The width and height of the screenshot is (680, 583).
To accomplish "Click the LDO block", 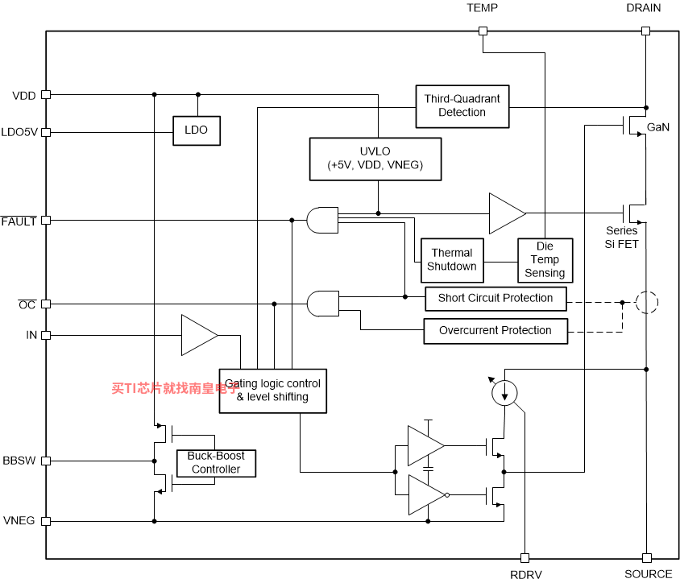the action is pyautogui.click(x=197, y=130).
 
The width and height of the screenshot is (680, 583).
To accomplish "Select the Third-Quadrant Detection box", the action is pyautogui.click(x=462, y=106).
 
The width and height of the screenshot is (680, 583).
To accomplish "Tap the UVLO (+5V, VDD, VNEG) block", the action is pyautogui.click(x=375, y=159).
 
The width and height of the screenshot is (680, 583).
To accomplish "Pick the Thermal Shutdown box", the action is pyautogui.click(x=452, y=260).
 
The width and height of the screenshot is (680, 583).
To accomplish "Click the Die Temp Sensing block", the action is pyautogui.click(x=545, y=260).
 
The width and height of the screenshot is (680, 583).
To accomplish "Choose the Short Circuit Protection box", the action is pyautogui.click(x=495, y=299).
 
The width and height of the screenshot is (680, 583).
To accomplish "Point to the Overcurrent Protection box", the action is pyautogui.click(x=495, y=331).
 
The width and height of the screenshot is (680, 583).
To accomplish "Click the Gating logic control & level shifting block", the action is pyautogui.click(x=273, y=391).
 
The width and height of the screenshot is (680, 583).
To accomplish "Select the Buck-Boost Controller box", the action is pyautogui.click(x=216, y=463).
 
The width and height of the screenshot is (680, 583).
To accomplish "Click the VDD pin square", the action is pyautogui.click(x=46, y=94).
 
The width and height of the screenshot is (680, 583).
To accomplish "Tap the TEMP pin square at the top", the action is pyautogui.click(x=483, y=31).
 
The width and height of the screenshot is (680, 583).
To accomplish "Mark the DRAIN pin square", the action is pyautogui.click(x=645, y=31).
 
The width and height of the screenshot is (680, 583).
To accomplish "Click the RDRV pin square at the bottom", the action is pyautogui.click(x=525, y=558).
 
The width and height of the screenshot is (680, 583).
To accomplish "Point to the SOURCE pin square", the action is pyautogui.click(x=647, y=558).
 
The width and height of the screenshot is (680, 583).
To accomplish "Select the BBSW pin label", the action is pyautogui.click(x=19, y=461).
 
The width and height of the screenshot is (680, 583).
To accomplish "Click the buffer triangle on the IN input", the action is pyautogui.click(x=199, y=335).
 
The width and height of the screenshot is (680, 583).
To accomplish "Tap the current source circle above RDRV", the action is pyautogui.click(x=504, y=393).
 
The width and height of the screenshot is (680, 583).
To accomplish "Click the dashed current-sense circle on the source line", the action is pyautogui.click(x=647, y=302).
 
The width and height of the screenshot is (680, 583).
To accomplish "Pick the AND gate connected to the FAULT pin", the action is pyautogui.click(x=322, y=220).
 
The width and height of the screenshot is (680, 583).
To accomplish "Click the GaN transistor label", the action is pyautogui.click(x=658, y=127).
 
